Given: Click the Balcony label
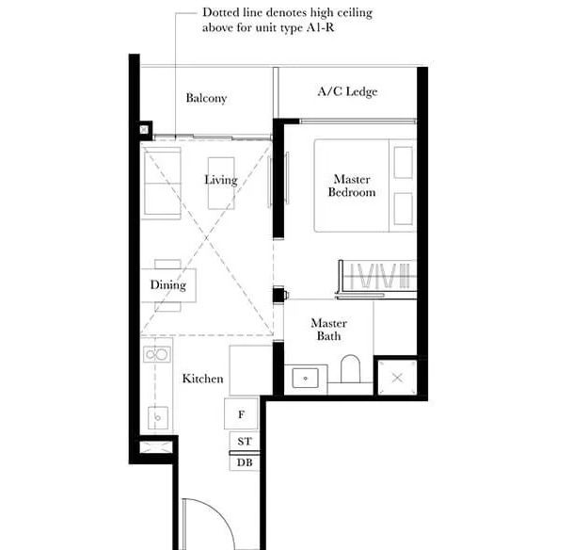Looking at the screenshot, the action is coord(206,98).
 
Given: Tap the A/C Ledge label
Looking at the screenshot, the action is coord(347,91).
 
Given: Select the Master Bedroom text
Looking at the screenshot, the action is coord(352,186).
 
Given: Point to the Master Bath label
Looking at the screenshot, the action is coord(329,330).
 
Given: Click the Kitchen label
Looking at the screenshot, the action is coord(202,379).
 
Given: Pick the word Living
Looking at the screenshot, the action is coord(221,180).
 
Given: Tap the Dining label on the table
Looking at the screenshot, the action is coord(168,285).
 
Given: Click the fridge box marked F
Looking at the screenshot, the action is coord(241,413).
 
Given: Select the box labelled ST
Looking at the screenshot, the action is coord(244,441).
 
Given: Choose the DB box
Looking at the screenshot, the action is coord(244,462).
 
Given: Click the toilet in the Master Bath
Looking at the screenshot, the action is coord(350,368).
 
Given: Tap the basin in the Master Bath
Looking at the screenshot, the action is coord(305,378).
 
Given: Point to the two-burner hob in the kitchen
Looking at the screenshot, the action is coord(157,354).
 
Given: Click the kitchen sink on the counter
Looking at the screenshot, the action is coord(157,417).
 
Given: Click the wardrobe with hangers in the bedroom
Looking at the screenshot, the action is coord(377,280).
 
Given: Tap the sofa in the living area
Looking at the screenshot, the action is coord(162,184).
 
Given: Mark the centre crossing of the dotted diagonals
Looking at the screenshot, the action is coord(207,238).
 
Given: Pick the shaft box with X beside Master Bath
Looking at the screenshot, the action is coord(397,378).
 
